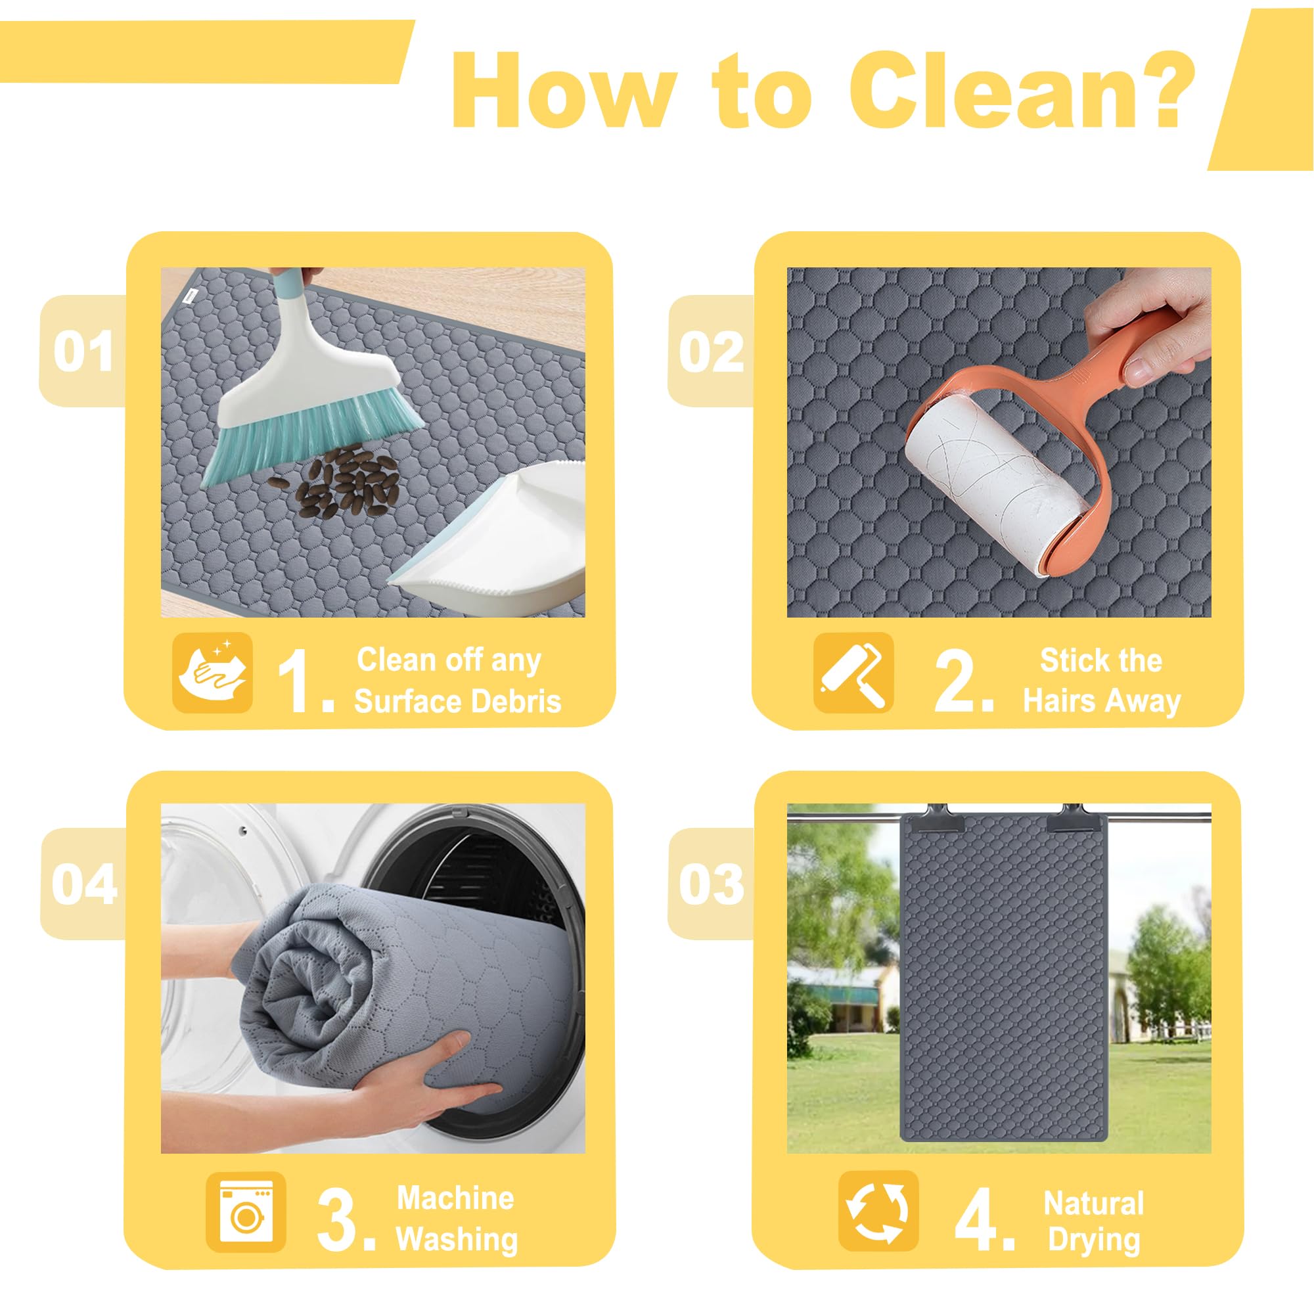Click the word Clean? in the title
(x=1022, y=90)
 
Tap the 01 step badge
(x=83, y=351)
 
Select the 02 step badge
(x=712, y=351)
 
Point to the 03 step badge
(x=712, y=884)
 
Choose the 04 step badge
(x=83, y=884)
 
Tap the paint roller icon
(x=853, y=673)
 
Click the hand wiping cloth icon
(x=213, y=673)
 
